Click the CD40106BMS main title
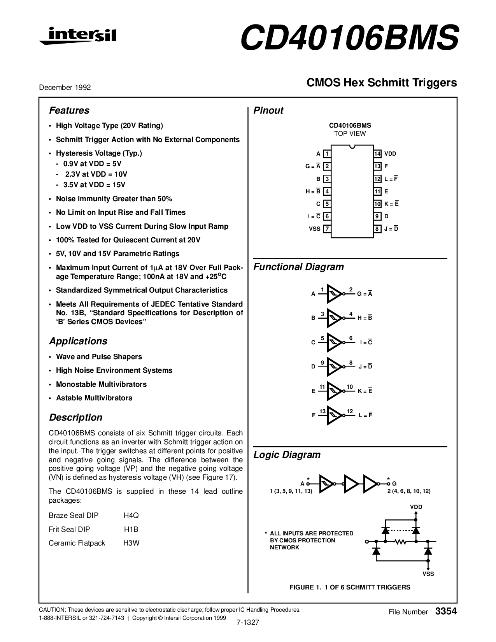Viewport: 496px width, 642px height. coord(349,38)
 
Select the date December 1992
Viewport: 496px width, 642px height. coord(65,88)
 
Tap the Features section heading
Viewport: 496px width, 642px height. coord(69,111)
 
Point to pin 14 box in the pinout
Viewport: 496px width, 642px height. coord(377,154)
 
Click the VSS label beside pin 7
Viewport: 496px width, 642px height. coord(314,229)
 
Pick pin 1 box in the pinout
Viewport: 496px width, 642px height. coord(327,154)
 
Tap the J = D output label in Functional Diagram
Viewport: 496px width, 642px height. coord(365,367)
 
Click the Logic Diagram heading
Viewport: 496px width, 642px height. coord(287,455)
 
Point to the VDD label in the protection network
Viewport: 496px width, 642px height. coord(416,507)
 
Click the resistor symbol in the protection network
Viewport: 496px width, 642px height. coord(400,541)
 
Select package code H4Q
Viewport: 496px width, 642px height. coord(131,516)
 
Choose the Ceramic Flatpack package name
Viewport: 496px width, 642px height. coord(77,543)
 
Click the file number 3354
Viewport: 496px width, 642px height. coord(446,611)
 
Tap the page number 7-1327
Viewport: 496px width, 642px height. coord(247,622)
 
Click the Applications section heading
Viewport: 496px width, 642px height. coord(78,341)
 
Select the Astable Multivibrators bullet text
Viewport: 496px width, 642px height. coord(94,398)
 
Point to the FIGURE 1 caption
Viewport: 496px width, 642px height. coord(350,587)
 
